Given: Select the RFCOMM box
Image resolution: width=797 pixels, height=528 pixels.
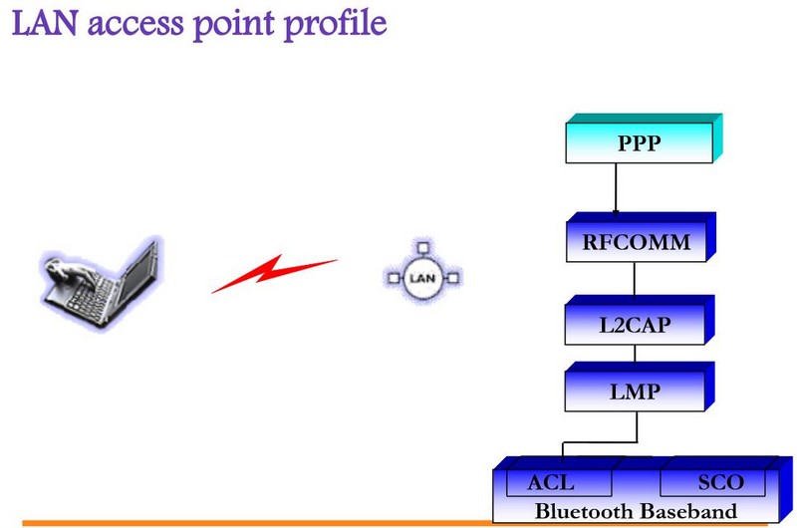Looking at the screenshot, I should pyautogui.click(x=636, y=241).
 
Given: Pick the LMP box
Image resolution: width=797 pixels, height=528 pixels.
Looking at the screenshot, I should pyautogui.click(x=636, y=392).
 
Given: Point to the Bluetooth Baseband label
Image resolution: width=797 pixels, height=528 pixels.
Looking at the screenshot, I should pyautogui.click(x=637, y=511).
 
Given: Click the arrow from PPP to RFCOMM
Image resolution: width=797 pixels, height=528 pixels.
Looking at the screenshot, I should pyautogui.click(x=616, y=189).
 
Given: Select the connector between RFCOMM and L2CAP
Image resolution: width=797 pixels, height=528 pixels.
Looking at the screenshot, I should pyautogui.click(x=636, y=281).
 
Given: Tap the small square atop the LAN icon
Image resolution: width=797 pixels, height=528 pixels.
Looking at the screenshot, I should pyautogui.click(x=422, y=246).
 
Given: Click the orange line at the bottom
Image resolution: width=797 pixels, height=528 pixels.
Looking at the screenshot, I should pyautogui.click(x=249, y=522).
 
